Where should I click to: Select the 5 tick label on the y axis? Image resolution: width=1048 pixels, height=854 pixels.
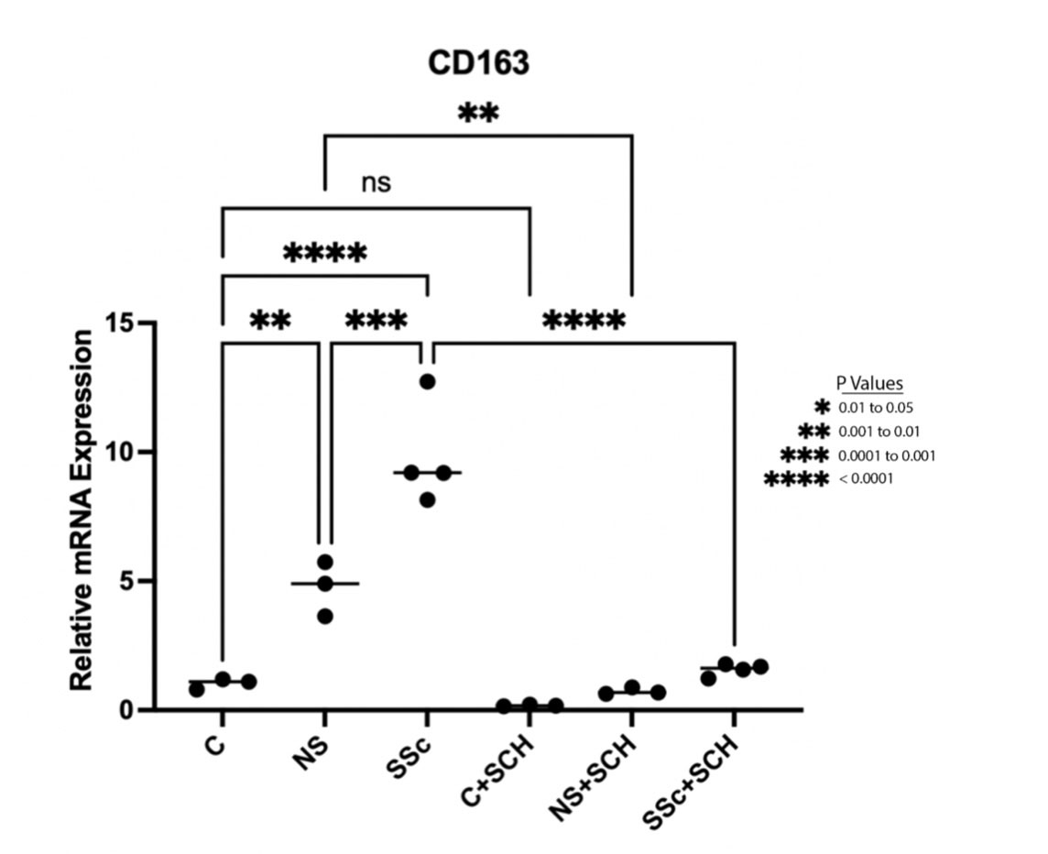click(x=128, y=582)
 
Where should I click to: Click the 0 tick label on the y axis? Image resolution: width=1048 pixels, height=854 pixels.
click(x=128, y=710)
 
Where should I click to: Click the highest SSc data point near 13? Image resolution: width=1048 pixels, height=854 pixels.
click(x=427, y=381)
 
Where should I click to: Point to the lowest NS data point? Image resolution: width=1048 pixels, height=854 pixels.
click(x=324, y=616)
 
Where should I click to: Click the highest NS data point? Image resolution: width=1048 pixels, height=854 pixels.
click(x=324, y=562)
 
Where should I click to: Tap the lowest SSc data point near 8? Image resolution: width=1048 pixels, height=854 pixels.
click(x=427, y=500)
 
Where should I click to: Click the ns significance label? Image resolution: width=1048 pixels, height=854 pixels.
click(x=376, y=182)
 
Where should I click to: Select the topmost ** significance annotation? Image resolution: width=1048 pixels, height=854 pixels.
click(x=478, y=115)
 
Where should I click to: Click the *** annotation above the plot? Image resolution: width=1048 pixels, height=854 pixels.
click(x=376, y=322)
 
